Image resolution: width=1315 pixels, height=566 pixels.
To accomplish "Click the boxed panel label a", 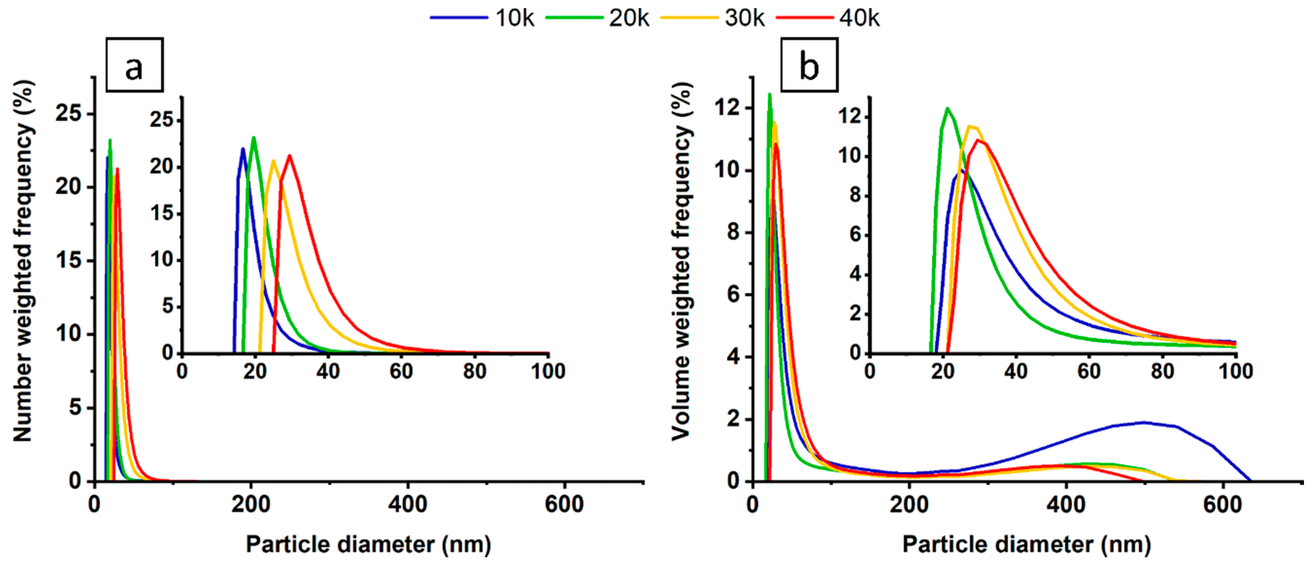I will pos(134,65).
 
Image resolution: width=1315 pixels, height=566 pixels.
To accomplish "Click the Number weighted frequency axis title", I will pos(23,261).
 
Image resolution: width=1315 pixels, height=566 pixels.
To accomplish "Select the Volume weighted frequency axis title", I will pos(681,261).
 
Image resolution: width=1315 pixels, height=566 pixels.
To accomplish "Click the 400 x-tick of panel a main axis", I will pos(407,505).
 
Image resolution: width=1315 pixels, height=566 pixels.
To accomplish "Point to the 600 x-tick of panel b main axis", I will pos(1222,505).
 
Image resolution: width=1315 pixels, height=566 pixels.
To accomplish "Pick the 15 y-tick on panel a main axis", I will pos(68,261).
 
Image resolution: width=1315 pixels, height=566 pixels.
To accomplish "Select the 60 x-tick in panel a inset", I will pos(401,371).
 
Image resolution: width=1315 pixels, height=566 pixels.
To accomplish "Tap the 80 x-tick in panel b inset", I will pos(1162,371).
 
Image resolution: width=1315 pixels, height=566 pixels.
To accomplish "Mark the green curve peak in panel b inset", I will pos(947,108).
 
